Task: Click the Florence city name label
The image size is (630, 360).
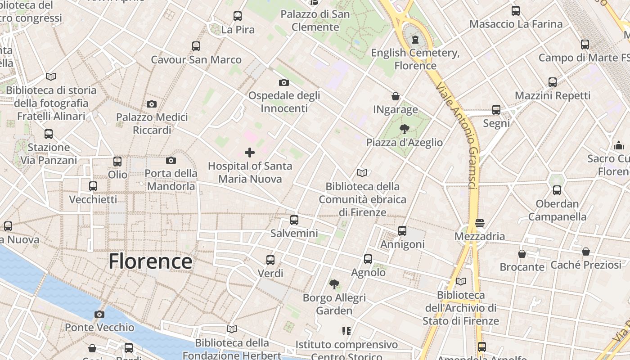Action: pos(150,261)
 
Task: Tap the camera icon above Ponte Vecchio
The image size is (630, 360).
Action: pos(99,314)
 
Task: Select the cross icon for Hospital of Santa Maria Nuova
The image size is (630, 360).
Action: pos(250,153)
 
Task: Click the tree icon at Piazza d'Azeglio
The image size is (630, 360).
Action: pos(404,129)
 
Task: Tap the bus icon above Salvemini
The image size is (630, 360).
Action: pos(294,220)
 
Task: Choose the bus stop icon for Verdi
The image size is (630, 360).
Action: pos(270,260)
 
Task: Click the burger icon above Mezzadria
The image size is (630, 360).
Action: pos(480,223)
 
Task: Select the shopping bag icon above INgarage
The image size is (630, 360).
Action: pos(396,96)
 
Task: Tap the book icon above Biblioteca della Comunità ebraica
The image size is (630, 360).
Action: pos(362,173)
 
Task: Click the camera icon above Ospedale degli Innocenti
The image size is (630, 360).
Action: pos(284,82)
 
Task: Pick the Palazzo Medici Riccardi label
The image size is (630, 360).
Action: pos(152,124)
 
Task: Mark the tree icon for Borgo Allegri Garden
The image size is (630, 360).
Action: pos(334,284)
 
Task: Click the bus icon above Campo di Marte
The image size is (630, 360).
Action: pos(585,45)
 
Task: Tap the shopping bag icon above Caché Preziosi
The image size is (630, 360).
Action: pos(586,252)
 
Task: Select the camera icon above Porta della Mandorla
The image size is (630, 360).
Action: pos(171,160)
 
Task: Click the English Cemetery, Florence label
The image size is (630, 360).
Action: pos(415,59)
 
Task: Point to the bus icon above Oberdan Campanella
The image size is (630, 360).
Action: pos(557,190)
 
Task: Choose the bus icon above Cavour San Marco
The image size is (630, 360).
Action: pos(196,46)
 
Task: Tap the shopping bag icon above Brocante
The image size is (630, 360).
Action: pos(522,254)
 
